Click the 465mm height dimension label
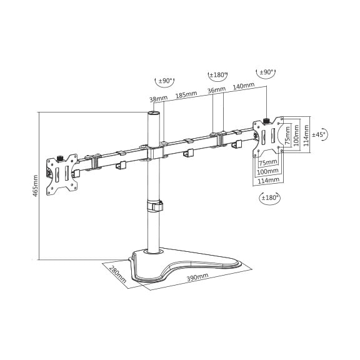pyautogui.click(x=35, y=186)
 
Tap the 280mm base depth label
pyautogui.click(x=117, y=274)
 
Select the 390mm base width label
pyautogui.click(x=197, y=277)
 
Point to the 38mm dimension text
pyautogui.click(x=158, y=99)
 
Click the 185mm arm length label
pyautogui.click(x=186, y=95)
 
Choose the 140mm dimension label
pyautogui.click(x=244, y=86)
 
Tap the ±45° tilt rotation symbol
pyautogui.click(x=320, y=134)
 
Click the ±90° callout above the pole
pyautogui.click(x=164, y=81)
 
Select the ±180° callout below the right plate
pyautogui.click(x=270, y=197)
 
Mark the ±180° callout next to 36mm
pyautogui.click(x=217, y=75)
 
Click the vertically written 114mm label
pyautogui.click(x=306, y=136)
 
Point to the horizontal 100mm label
pyautogui.click(x=267, y=171)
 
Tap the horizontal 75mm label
pyautogui.click(x=268, y=162)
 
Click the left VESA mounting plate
pyautogui.click(x=62, y=175)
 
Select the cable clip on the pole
pyautogui.click(x=155, y=206)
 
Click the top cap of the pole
pyautogui.click(x=153, y=113)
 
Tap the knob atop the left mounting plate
pyautogui.click(x=60, y=158)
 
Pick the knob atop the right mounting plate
pyautogui.click(x=266, y=121)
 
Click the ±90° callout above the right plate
pyautogui.click(x=266, y=72)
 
